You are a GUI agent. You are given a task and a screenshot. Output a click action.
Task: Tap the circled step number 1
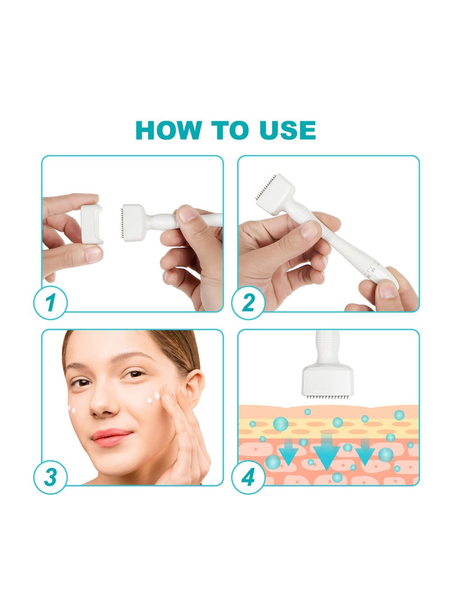pos(51,303)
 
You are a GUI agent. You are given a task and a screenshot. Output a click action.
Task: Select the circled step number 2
pos(249,303)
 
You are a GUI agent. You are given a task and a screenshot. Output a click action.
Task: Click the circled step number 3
pos(51,477)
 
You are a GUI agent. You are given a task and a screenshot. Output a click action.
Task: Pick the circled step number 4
pos(249,477)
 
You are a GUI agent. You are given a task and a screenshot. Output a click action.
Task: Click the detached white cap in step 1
pos(91,224)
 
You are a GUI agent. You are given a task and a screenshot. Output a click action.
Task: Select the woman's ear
pos(192,388)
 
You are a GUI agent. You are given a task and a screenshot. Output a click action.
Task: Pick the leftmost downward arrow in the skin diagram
pos(290,453)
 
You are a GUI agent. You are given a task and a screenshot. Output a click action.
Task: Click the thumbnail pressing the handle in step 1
pos(188,213)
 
